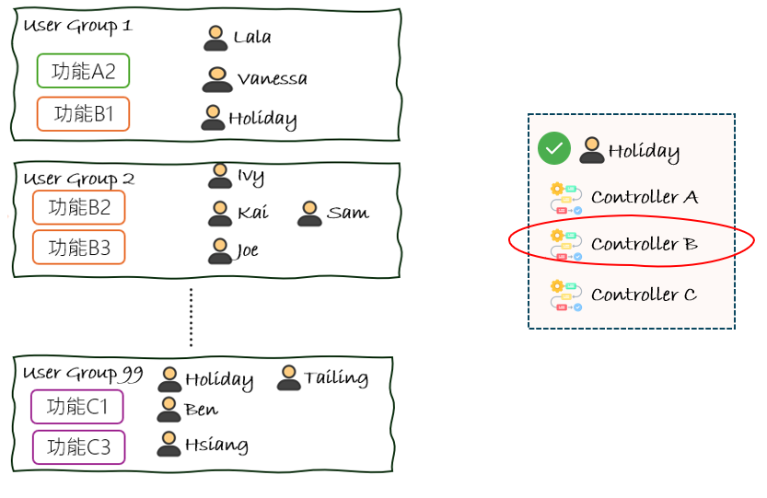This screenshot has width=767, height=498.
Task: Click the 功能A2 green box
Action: [x=83, y=71]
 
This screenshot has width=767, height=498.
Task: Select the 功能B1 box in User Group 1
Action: [x=83, y=114]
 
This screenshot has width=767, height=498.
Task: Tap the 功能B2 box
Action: [x=78, y=208]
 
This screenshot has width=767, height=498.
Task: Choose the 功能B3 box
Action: [x=78, y=248]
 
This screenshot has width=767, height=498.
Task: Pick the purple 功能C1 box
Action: [x=76, y=407]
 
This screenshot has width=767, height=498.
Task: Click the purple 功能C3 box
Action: [x=78, y=447]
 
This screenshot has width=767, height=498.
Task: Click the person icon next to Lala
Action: [x=215, y=38]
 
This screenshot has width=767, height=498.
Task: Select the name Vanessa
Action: [x=272, y=79]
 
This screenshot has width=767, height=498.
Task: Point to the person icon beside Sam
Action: [x=309, y=214]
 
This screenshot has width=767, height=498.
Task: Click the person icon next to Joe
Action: [x=219, y=250]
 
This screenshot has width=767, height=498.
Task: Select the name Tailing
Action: [x=336, y=377]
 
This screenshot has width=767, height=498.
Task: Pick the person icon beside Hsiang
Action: [x=169, y=445]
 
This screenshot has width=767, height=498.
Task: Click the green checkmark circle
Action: [x=554, y=149]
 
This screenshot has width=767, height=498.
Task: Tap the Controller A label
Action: [x=645, y=197]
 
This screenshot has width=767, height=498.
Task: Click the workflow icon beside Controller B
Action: [x=566, y=245]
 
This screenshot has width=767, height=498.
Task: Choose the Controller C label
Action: [x=644, y=295]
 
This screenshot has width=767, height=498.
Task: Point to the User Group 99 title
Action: [x=83, y=374]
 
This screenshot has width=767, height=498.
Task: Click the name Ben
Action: [x=201, y=410]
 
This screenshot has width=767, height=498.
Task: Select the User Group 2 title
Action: [x=79, y=179]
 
